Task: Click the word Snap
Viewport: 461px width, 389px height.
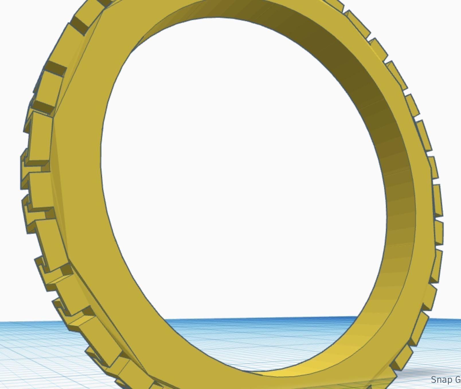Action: pyautogui.click(x=441, y=380)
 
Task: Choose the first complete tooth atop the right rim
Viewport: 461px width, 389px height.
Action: pyautogui.click(x=357, y=23)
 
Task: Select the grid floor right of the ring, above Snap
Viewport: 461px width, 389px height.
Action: pyautogui.click(x=447, y=344)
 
